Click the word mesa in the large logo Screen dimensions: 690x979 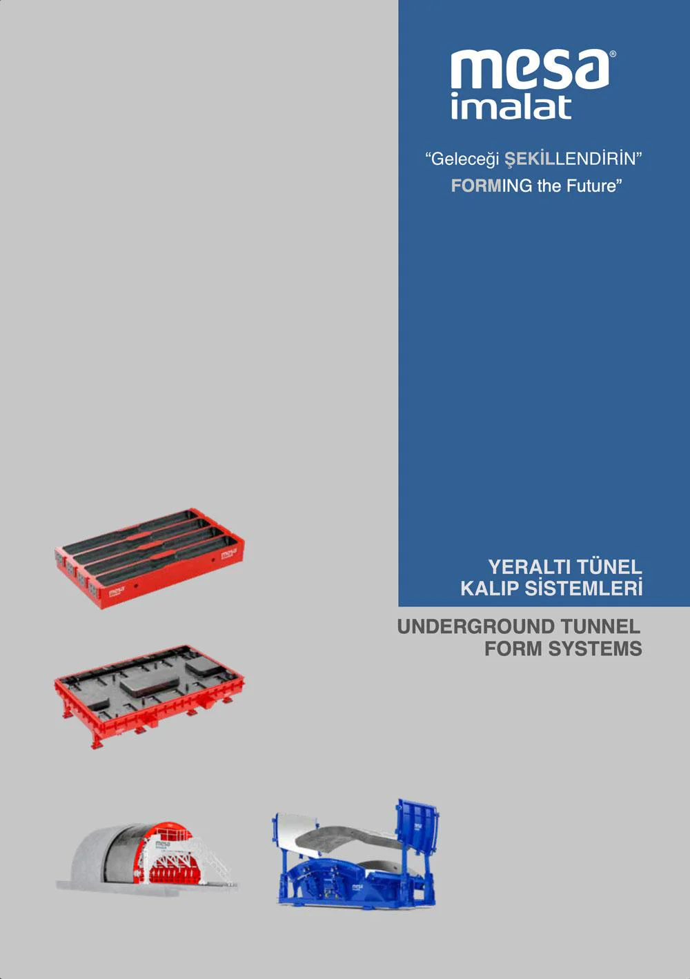click(x=530, y=70)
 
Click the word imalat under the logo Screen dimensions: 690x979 click(x=511, y=106)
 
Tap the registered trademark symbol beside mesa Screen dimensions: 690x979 click(x=613, y=54)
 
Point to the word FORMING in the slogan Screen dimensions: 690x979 click(x=491, y=186)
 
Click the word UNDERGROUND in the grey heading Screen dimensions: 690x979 click(x=475, y=626)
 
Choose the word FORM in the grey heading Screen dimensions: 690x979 click(x=513, y=649)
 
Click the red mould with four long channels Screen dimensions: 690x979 click(x=150, y=559)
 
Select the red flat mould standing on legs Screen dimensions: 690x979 click(x=150, y=696)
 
